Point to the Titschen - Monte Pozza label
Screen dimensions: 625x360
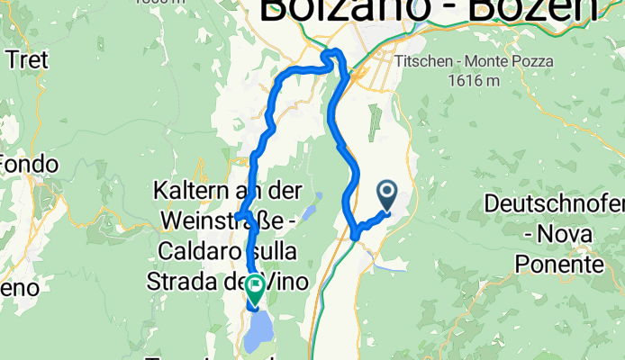(475, 62)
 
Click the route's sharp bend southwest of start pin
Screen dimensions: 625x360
(357, 235)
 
